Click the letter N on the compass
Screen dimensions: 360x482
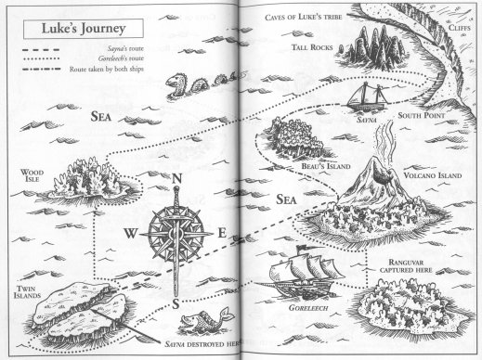tap(172, 182)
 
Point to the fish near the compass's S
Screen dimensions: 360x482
tap(192, 324)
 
